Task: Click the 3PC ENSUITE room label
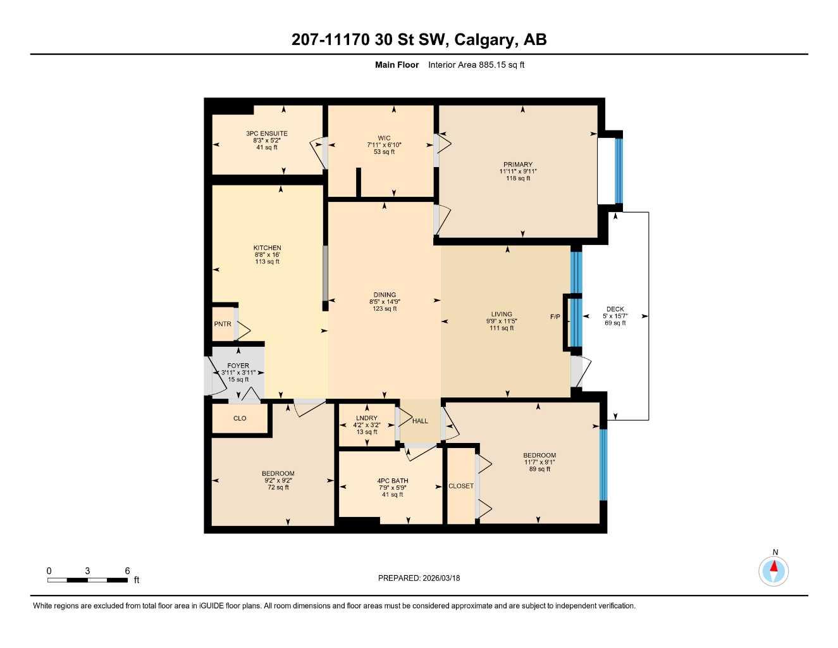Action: click(x=267, y=134)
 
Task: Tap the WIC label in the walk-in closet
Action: click(x=384, y=138)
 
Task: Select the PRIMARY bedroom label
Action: click(x=518, y=165)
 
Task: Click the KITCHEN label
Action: click(x=267, y=248)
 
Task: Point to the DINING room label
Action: click(x=385, y=295)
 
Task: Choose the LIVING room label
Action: click(x=502, y=315)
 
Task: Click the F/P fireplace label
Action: click(x=555, y=316)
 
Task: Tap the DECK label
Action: click(x=615, y=309)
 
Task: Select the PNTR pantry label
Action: click(x=223, y=324)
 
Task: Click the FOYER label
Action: click(x=238, y=366)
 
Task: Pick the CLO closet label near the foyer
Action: click(x=240, y=418)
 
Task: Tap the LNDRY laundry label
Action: click(x=366, y=418)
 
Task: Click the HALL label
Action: click(x=420, y=421)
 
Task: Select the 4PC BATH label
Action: click(x=392, y=481)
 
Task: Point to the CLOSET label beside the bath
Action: click(x=460, y=486)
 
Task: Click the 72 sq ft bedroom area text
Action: click(x=278, y=487)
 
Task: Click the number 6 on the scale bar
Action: click(x=127, y=571)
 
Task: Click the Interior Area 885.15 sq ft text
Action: click(x=476, y=65)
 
